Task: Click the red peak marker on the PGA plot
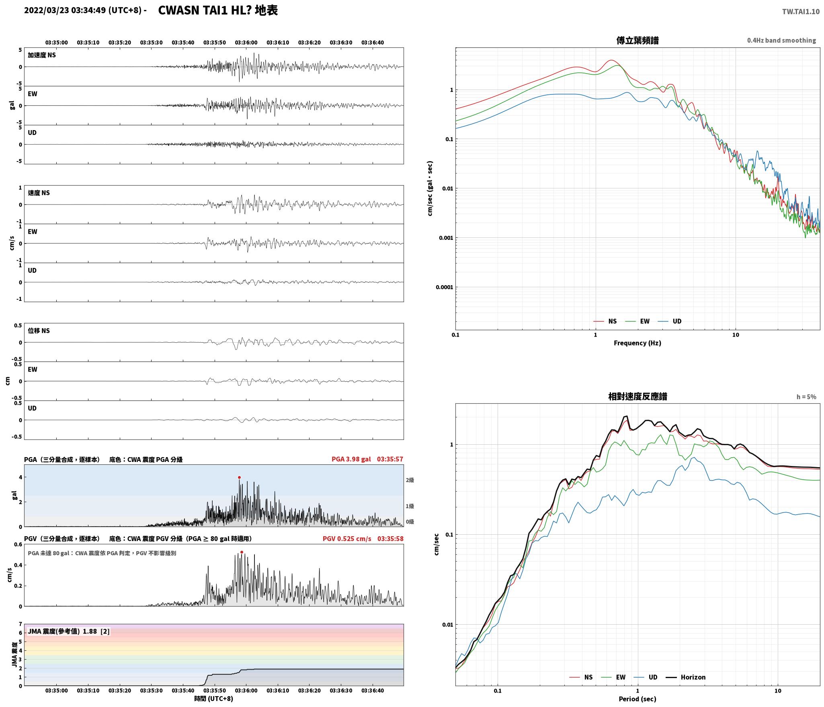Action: [x=239, y=478]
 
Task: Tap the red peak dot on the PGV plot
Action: [x=242, y=552]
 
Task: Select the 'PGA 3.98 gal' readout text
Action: [x=351, y=459]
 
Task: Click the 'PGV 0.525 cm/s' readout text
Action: [x=347, y=539]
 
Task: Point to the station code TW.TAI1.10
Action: [x=801, y=12]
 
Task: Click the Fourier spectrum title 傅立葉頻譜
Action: [x=637, y=40]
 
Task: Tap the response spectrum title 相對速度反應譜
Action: [x=637, y=396]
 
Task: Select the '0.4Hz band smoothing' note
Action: [x=781, y=41]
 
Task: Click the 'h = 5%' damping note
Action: [x=806, y=397]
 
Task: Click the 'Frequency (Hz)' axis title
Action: [x=637, y=343]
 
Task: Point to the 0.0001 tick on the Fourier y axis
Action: [x=444, y=287]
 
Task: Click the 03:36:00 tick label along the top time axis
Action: [x=246, y=43]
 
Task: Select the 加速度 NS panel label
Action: [x=42, y=55]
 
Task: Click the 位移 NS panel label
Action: [x=39, y=331]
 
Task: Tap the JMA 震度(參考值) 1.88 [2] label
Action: [x=68, y=631]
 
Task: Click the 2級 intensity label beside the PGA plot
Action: [x=410, y=480]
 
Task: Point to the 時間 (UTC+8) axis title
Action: [x=213, y=699]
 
